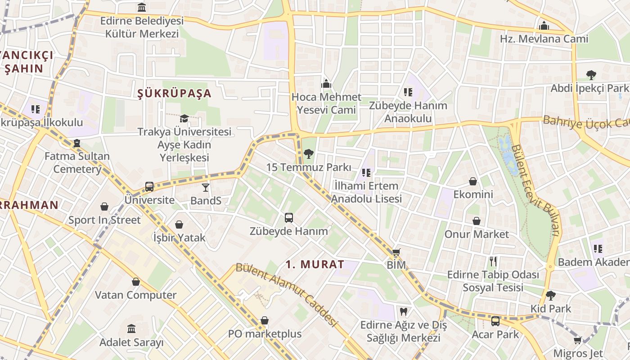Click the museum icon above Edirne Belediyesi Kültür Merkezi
(142, 7)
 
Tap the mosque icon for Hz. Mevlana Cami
(544, 25)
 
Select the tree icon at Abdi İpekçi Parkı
(591, 75)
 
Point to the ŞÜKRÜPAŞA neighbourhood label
(174, 93)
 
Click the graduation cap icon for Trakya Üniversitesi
(184, 118)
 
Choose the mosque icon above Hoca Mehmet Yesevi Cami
(326, 84)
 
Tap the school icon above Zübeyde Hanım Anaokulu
(408, 92)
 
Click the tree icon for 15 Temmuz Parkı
(308, 154)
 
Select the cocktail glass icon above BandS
(206, 187)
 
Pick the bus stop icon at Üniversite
(149, 186)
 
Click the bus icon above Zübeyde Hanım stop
(289, 218)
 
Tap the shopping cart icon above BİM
(396, 252)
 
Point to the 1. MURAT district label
(315, 264)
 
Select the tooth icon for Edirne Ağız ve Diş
(404, 311)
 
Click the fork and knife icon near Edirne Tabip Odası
(493, 261)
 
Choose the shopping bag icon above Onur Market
(476, 221)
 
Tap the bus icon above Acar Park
(495, 321)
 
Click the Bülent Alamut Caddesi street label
(286, 295)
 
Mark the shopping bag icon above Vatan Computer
(135, 282)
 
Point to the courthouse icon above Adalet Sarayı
(131, 329)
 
